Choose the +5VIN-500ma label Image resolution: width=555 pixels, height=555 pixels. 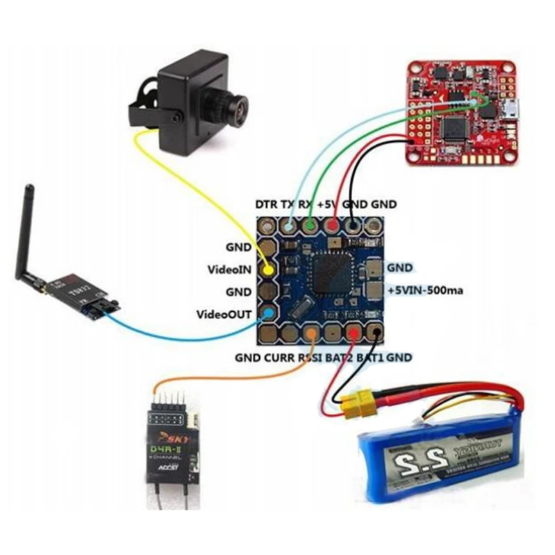click(x=425, y=291)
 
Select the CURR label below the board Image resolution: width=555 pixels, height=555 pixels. click(x=277, y=358)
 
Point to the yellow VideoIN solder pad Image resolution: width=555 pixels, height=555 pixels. click(x=268, y=268)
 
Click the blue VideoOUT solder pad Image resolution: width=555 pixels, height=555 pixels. click(x=268, y=314)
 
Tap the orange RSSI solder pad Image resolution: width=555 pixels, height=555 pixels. click(x=313, y=334)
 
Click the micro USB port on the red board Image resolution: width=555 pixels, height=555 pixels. click(x=512, y=108)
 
